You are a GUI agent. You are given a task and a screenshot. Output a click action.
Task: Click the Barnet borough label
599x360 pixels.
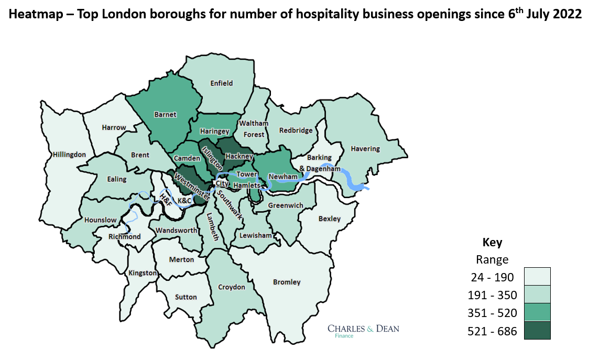coord(165,114)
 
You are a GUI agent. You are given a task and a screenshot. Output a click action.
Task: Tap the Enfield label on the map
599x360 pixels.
coord(221,83)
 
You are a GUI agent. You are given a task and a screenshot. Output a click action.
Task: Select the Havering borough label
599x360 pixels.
coord(365,148)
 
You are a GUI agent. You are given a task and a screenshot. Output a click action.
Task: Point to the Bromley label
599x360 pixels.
coord(287,282)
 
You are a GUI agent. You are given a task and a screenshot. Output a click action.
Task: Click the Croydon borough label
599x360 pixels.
coord(231,287)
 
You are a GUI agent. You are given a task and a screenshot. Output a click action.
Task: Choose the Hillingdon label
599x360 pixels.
coord(69,154)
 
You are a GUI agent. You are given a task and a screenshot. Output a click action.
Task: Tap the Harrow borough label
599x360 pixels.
coord(114,127)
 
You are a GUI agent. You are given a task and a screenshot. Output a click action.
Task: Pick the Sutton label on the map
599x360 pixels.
coord(186,297)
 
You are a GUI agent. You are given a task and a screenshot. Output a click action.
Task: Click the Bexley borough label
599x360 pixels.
coord(329,219)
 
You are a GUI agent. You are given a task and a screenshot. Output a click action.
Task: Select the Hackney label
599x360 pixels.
coord(239,156)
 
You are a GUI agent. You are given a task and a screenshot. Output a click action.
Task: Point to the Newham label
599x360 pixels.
coord(284,177)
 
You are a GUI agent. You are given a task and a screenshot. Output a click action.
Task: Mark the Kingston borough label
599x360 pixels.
coord(143,272)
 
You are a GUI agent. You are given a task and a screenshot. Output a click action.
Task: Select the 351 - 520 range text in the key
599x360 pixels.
coord(492,313)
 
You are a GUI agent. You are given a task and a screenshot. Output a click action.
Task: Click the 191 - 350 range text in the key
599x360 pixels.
coord(492,295)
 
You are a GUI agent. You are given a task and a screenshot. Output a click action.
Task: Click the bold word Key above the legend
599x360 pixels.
coord(492,243)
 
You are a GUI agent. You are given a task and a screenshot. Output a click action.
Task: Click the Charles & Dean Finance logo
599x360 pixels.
coord(363,331)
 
